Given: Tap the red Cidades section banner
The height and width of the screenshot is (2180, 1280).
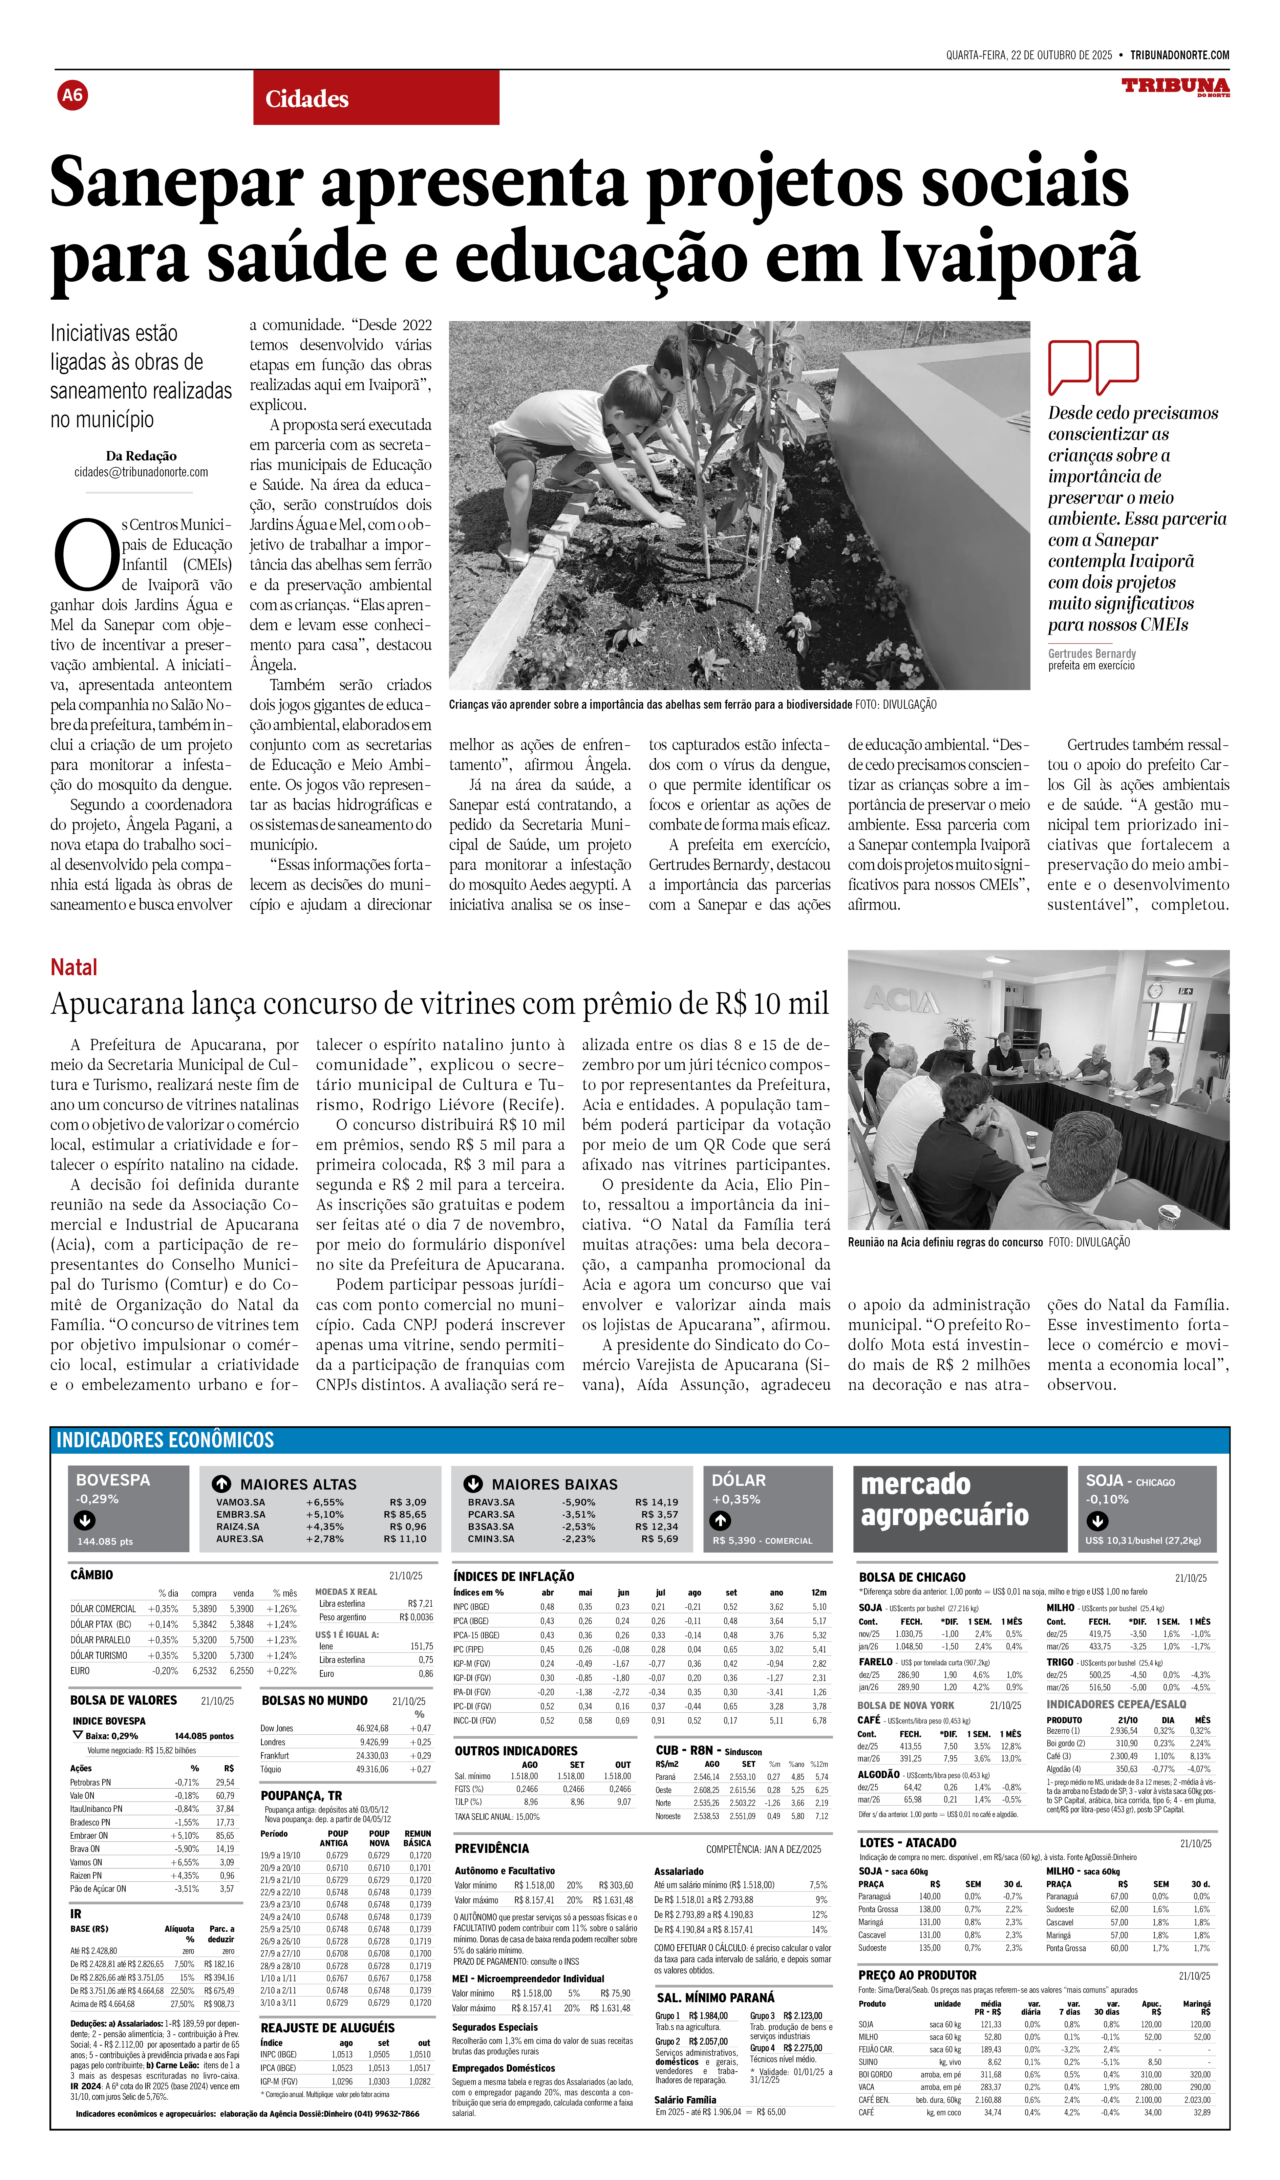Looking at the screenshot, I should [376, 98].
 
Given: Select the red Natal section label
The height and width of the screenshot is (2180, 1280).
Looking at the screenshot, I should [73, 967].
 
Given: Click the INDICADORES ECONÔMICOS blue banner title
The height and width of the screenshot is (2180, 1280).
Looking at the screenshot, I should [165, 1439].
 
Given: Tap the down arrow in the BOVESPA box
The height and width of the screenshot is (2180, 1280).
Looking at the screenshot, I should [85, 1520].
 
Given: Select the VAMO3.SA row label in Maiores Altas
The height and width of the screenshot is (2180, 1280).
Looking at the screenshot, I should [240, 1503].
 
